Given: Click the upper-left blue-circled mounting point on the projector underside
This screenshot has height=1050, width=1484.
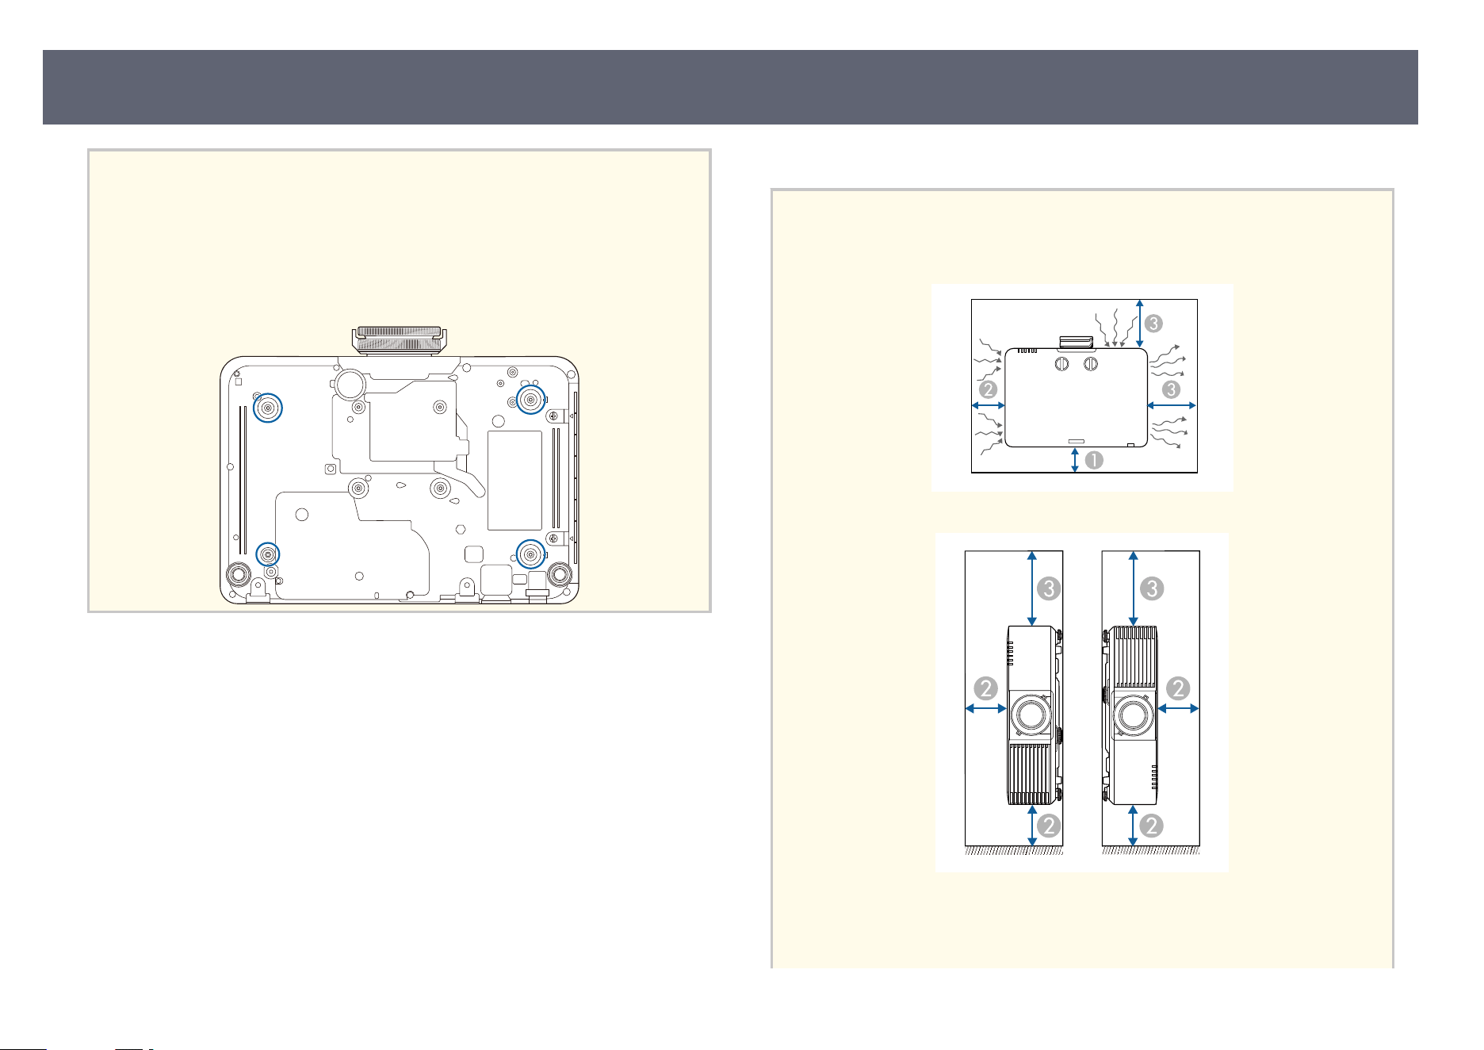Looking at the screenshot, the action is point(268,408).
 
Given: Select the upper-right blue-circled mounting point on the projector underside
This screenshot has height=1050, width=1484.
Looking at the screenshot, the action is point(530,399).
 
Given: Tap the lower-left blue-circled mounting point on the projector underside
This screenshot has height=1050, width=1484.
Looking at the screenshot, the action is point(268,553).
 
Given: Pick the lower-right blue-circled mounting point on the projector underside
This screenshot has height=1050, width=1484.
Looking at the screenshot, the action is point(530,554).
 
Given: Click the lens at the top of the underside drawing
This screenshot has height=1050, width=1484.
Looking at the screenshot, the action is point(399,339).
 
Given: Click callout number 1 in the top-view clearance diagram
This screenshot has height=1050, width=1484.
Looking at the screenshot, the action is point(1094,460).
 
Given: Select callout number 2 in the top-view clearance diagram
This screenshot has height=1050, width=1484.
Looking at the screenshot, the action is point(988,389).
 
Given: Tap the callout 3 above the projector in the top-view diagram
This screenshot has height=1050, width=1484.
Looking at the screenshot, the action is point(1154,323).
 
